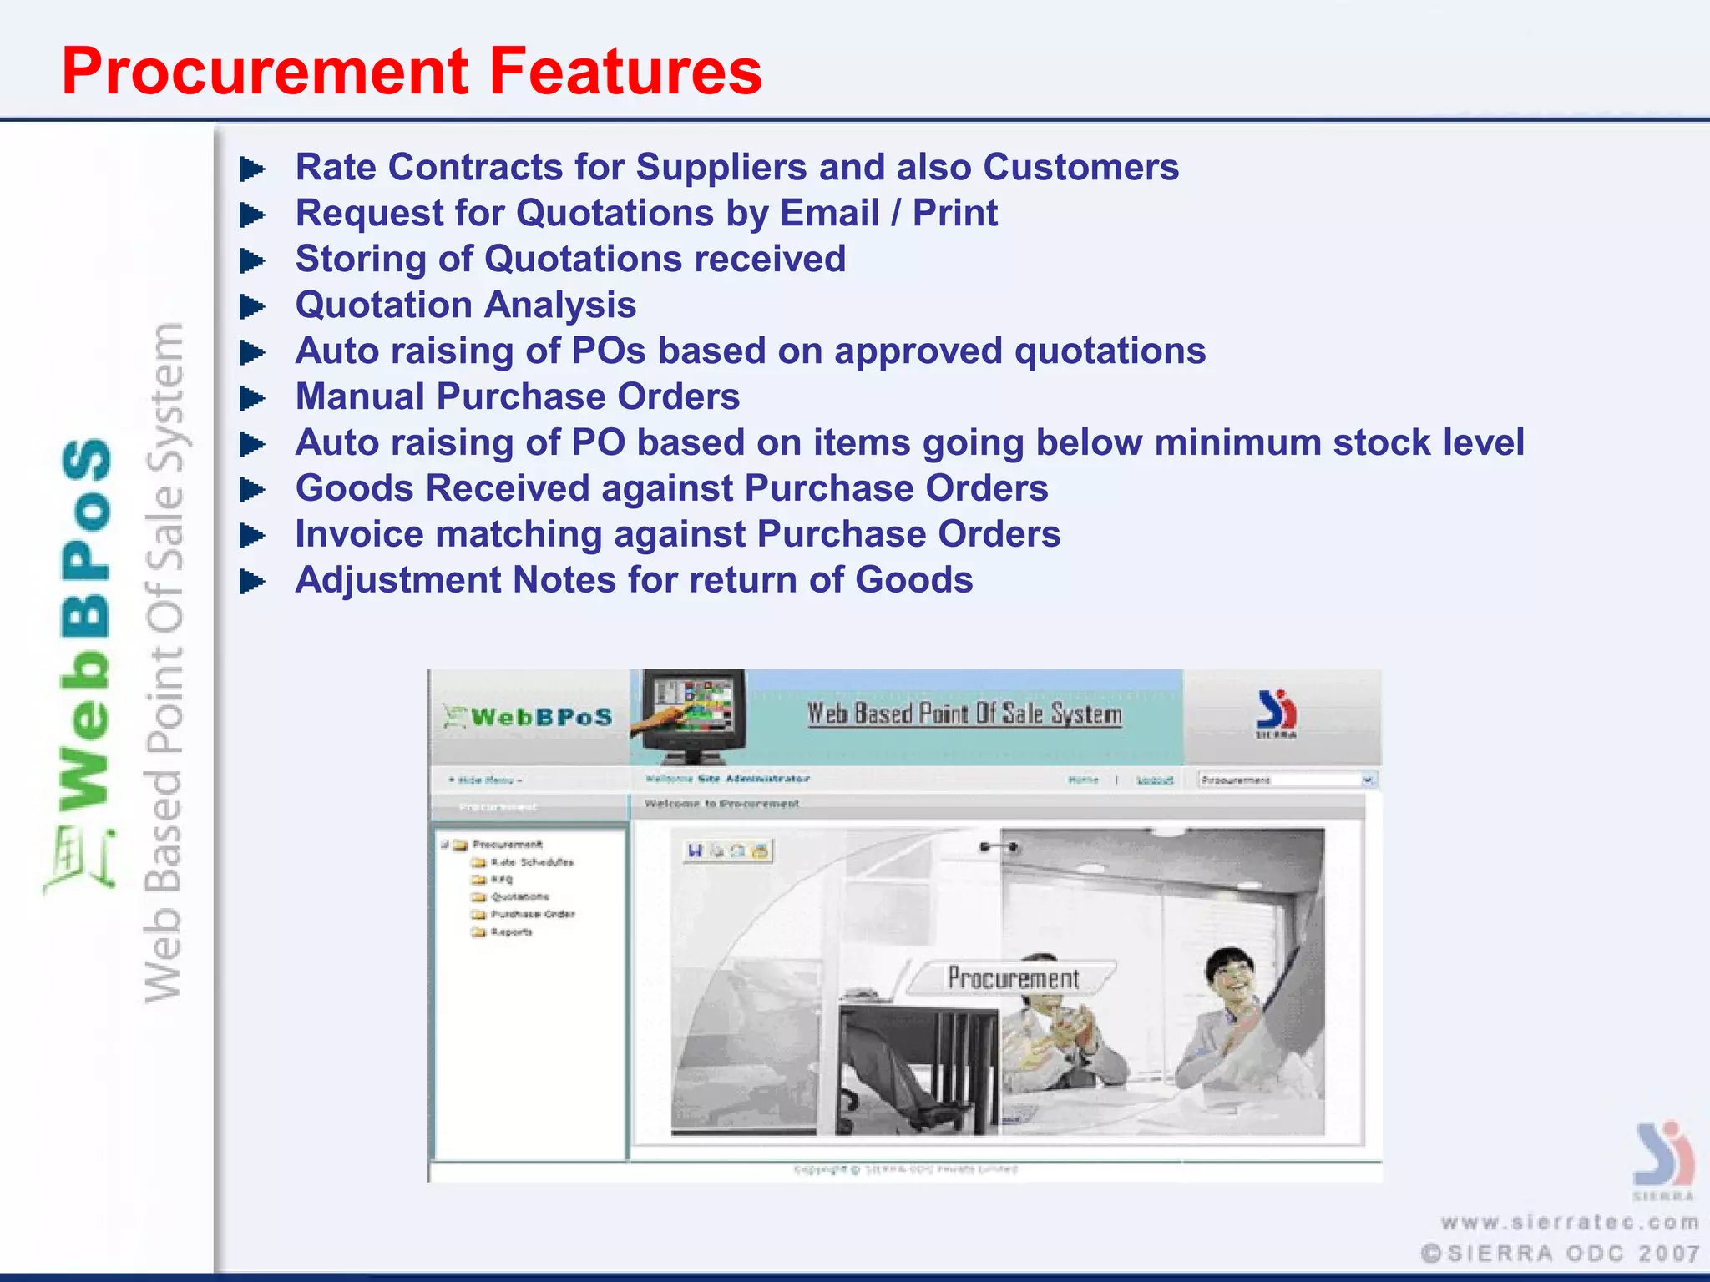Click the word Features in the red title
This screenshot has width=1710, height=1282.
click(625, 72)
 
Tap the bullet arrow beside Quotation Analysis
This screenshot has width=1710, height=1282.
click(251, 306)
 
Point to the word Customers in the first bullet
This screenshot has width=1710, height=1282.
click(1080, 167)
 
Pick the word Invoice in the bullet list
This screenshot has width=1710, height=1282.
click(357, 534)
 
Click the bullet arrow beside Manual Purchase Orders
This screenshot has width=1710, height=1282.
click(251, 398)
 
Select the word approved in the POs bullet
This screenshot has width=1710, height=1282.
click(918, 351)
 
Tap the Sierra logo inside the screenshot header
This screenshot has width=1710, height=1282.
click(1276, 714)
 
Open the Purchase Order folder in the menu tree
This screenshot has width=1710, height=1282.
click(531, 914)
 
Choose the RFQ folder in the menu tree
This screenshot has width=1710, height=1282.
click(501, 879)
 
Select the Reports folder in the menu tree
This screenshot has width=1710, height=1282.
click(510, 931)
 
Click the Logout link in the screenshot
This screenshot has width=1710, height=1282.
click(1155, 780)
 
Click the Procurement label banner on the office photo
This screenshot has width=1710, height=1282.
click(1012, 977)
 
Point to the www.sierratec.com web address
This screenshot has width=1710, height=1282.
click(1570, 1223)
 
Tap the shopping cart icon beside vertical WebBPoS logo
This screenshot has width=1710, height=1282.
click(79, 860)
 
